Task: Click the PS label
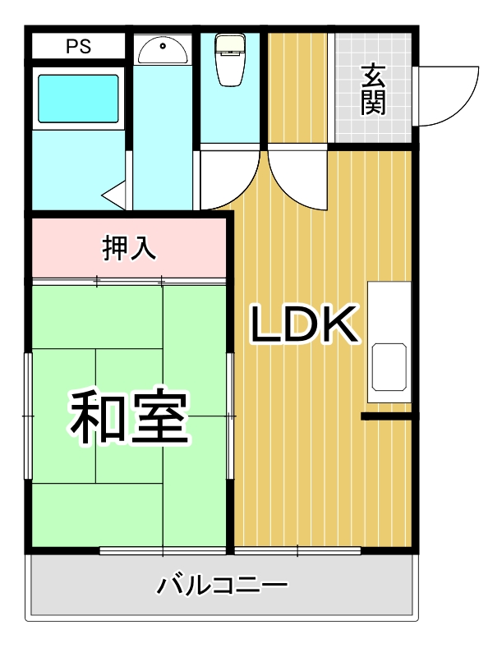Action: (79, 47)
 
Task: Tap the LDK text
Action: (305, 325)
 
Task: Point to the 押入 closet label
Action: (129, 247)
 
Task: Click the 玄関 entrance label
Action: (372, 90)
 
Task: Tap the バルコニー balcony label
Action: (223, 586)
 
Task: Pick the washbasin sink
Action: (162, 51)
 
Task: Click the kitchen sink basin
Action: (389, 367)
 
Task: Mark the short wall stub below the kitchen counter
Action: (387, 417)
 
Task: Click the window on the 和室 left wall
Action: (30, 416)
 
